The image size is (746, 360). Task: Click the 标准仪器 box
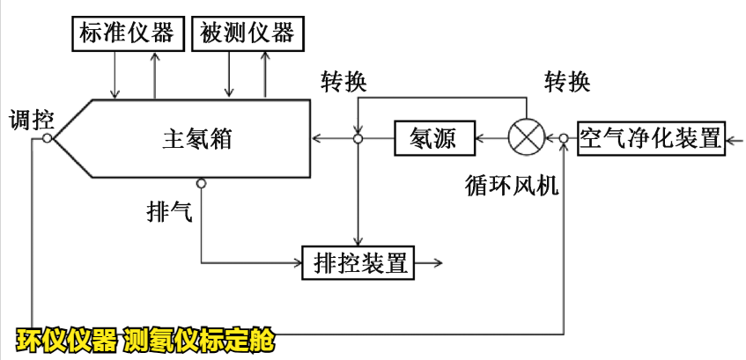pyautogui.click(x=125, y=33)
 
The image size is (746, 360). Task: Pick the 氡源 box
pyautogui.click(x=432, y=138)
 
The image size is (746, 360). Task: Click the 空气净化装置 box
pyautogui.click(x=650, y=138)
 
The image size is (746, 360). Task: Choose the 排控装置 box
pyautogui.click(x=358, y=261)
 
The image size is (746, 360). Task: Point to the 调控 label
pyautogui.click(x=32, y=120)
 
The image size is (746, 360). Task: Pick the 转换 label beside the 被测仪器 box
pyautogui.click(x=344, y=82)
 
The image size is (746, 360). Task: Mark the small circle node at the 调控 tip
pyautogui.click(x=47, y=138)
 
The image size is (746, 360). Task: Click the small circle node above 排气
pyautogui.click(x=201, y=183)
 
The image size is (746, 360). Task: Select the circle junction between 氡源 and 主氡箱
pyautogui.click(x=358, y=138)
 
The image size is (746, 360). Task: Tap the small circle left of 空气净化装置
pyautogui.click(x=565, y=138)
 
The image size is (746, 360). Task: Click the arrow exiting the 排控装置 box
pyautogui.click(x=431, y=261)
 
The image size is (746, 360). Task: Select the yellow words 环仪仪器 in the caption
pyautogui.click(x=67, y=339)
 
